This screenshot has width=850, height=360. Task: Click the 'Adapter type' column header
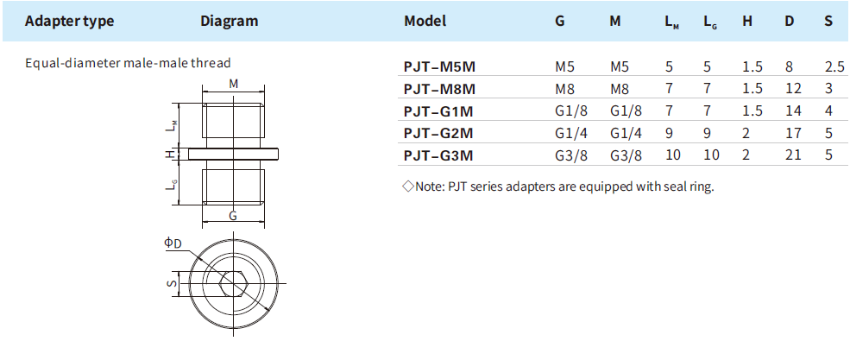point(69,21)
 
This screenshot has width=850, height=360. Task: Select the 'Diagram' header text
point(230,21)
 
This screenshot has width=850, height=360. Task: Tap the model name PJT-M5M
point(439,66)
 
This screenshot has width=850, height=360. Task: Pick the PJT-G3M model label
point(439,155)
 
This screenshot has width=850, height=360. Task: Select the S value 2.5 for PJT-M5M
point(834,66)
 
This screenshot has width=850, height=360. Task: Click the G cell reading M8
point(564,88)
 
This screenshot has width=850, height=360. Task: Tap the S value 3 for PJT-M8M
point(828,88)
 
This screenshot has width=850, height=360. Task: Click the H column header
point(747,21)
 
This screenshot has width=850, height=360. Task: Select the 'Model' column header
point(425,21)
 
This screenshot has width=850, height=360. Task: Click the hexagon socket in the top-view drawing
point(233,282)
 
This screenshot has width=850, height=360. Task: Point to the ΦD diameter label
point(173,244)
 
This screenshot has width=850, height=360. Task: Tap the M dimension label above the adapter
point(234,84)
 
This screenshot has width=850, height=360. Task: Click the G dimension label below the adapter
point(234,216)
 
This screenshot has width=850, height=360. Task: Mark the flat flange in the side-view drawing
point(233,154)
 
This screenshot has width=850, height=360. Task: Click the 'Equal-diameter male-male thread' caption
point(128,63)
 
